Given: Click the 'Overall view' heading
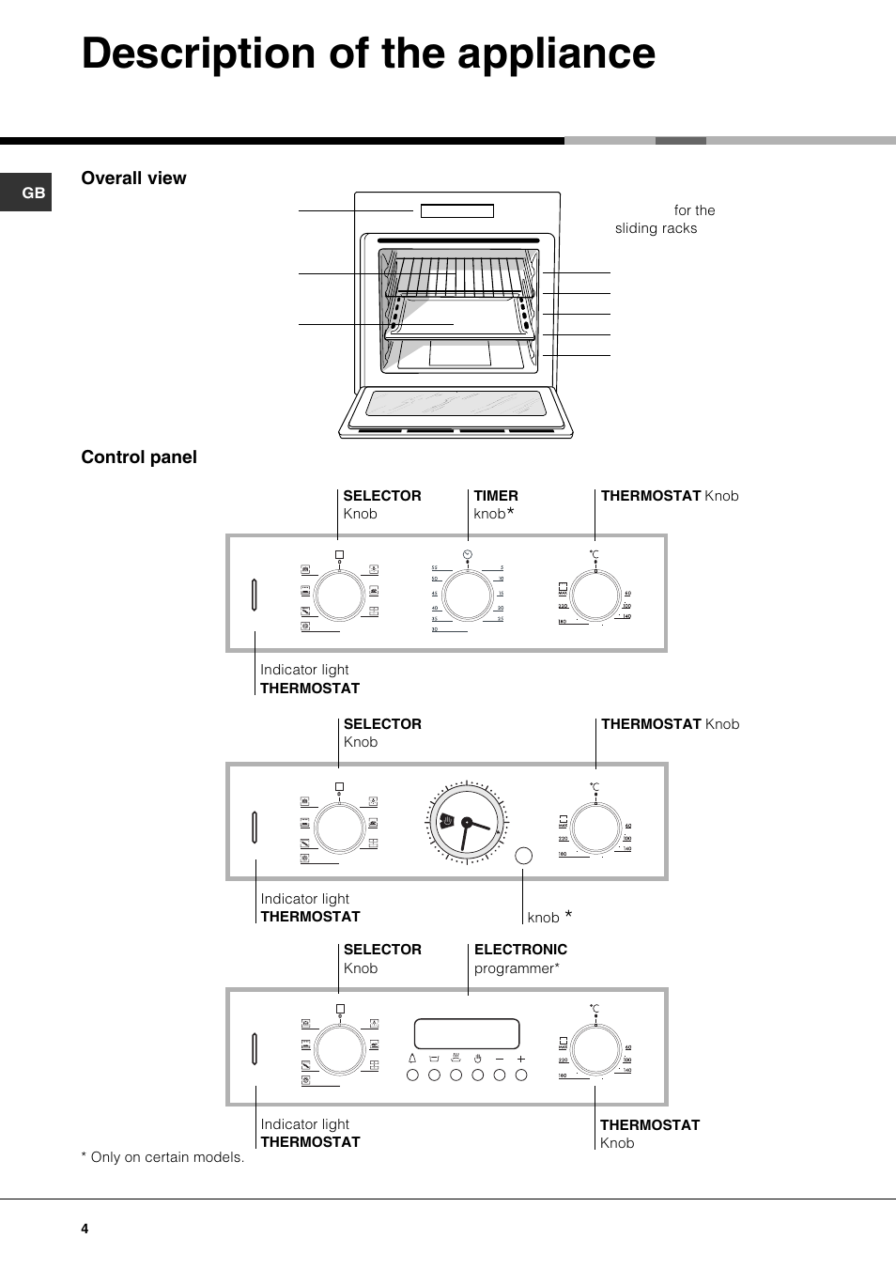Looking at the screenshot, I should point(133,178).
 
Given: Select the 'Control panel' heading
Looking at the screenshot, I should point(139,457).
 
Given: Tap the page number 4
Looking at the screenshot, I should point(85,1229).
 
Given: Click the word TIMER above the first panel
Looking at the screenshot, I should point(496,496).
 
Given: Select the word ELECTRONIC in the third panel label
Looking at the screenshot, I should point(520,950).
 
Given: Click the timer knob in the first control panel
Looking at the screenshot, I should point(467,595).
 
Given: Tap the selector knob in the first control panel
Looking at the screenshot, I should point(339,596).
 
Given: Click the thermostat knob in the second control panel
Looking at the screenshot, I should point(595,828).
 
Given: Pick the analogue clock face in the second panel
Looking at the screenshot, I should point(466,823).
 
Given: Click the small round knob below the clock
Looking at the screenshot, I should point(524,856).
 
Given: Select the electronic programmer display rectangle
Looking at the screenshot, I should point(467,1033).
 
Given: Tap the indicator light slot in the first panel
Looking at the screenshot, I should point(255,595).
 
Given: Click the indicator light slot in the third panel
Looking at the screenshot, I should point(255,1049).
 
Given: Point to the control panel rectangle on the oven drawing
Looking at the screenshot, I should point(457,211).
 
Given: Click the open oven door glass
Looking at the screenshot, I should point(456,404).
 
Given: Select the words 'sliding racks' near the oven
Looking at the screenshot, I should point(656,228).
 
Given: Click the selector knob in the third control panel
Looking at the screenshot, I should point(340,1050).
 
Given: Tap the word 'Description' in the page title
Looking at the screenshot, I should point(198,54).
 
